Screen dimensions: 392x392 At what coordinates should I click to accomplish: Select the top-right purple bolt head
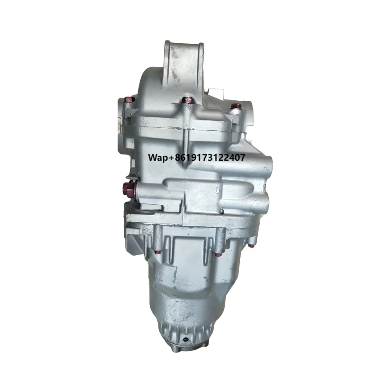[x=235, y=105]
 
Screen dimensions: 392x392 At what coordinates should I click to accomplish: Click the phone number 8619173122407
[x=212, y=157]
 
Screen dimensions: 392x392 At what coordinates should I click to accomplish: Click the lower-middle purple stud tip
[x=218, y=254]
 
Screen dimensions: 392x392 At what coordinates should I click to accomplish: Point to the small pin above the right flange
[x=221, y=212]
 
